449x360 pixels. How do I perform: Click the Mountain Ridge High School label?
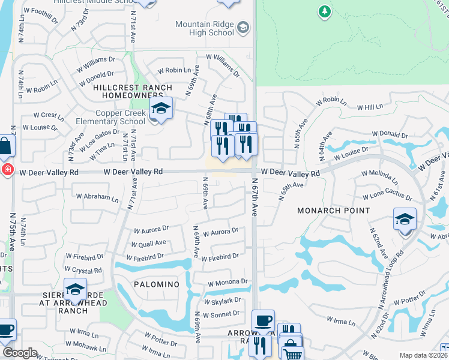[204, 28]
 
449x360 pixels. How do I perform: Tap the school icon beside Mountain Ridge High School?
[243, 28]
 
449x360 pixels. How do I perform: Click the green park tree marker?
[324, 11]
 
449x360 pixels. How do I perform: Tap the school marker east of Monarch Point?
[405, 220]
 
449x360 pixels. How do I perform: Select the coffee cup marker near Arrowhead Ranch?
[263, 320]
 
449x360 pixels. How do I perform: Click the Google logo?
[20, 353]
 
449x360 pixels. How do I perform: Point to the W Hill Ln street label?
[369, 107]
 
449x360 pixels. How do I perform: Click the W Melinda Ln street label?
[379, 177]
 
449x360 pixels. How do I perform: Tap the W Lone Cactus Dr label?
[387, 197]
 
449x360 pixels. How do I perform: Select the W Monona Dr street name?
[228, 281]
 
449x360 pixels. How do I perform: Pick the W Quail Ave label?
[149, 243]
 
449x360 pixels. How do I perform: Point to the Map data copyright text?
[423, 355]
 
